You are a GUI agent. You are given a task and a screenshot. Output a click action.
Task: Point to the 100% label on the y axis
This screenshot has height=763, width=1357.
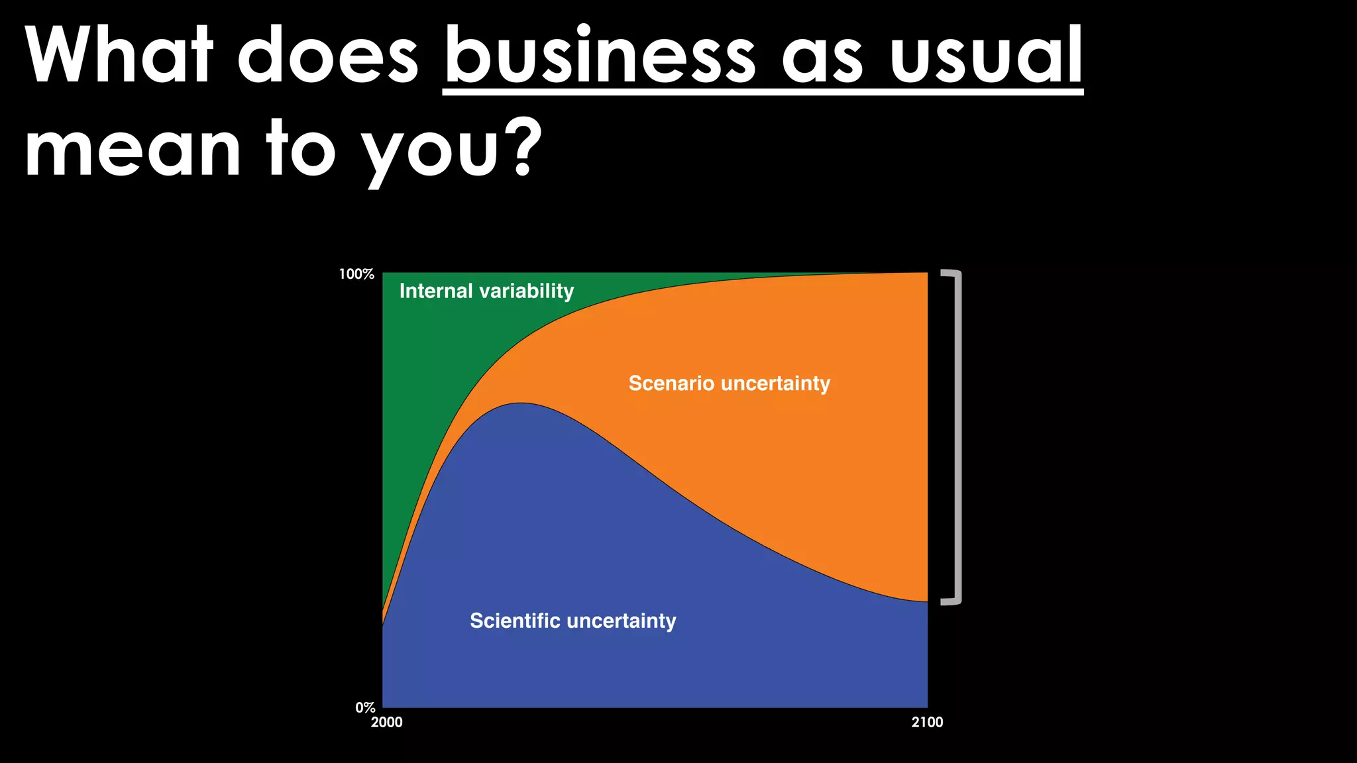[x=356, y=274]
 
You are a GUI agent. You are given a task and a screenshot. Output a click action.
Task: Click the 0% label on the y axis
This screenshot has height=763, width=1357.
[x=365, y=707]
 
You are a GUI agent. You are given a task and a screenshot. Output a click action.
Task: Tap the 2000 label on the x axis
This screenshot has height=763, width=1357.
[x=386, y=723]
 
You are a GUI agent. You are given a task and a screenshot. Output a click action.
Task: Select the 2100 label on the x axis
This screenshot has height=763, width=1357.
[x=927, y=723]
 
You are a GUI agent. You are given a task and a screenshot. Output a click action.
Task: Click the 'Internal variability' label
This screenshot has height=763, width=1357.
[x=486, y=291]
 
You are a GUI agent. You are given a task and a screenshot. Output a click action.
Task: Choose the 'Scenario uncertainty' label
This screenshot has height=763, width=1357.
[x=729, y=383]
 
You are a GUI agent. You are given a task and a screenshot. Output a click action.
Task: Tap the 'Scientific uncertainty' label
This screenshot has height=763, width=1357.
[x=573, y=621]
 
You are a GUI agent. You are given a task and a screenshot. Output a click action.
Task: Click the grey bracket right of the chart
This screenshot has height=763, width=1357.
[x=957, y=437]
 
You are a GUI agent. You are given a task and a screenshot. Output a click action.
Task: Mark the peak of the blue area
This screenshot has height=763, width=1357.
[x=521, y=404]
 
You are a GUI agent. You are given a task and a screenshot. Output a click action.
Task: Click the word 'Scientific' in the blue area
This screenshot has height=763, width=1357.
[x=515, y=621]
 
